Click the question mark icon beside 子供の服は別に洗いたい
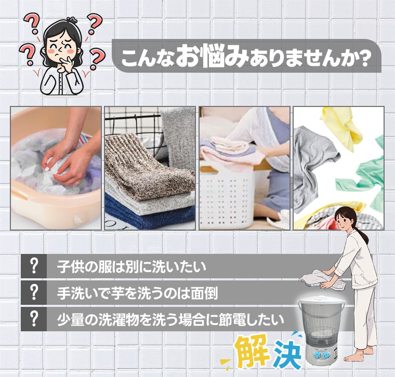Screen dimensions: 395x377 (34, 266)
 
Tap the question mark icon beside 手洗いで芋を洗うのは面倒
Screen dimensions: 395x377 (34, 292)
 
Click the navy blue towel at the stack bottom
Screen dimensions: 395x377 (150, 216)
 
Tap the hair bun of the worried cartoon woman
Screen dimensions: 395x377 (72, 19)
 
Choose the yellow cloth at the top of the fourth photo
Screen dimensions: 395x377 (343, 126)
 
